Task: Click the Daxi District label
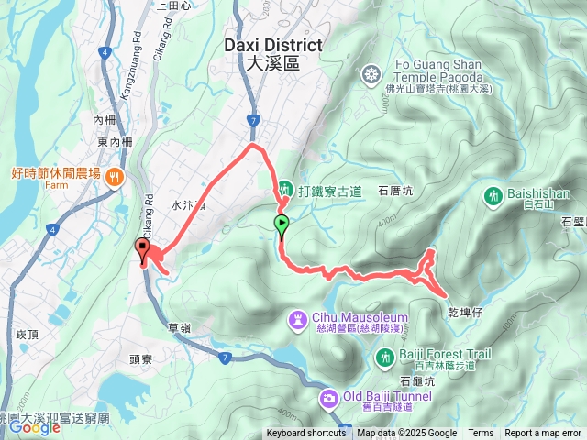[x=273, y=53]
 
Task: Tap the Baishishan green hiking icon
[x=494, y=196]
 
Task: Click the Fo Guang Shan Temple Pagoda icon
[x=371, y=73]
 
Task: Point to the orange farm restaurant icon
[x=115, y=175]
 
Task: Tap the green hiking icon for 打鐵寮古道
[x=285, y=190]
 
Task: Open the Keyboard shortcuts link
[x=306, y=434]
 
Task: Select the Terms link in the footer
[x=481, y=434]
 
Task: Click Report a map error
[x=543, y=434]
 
